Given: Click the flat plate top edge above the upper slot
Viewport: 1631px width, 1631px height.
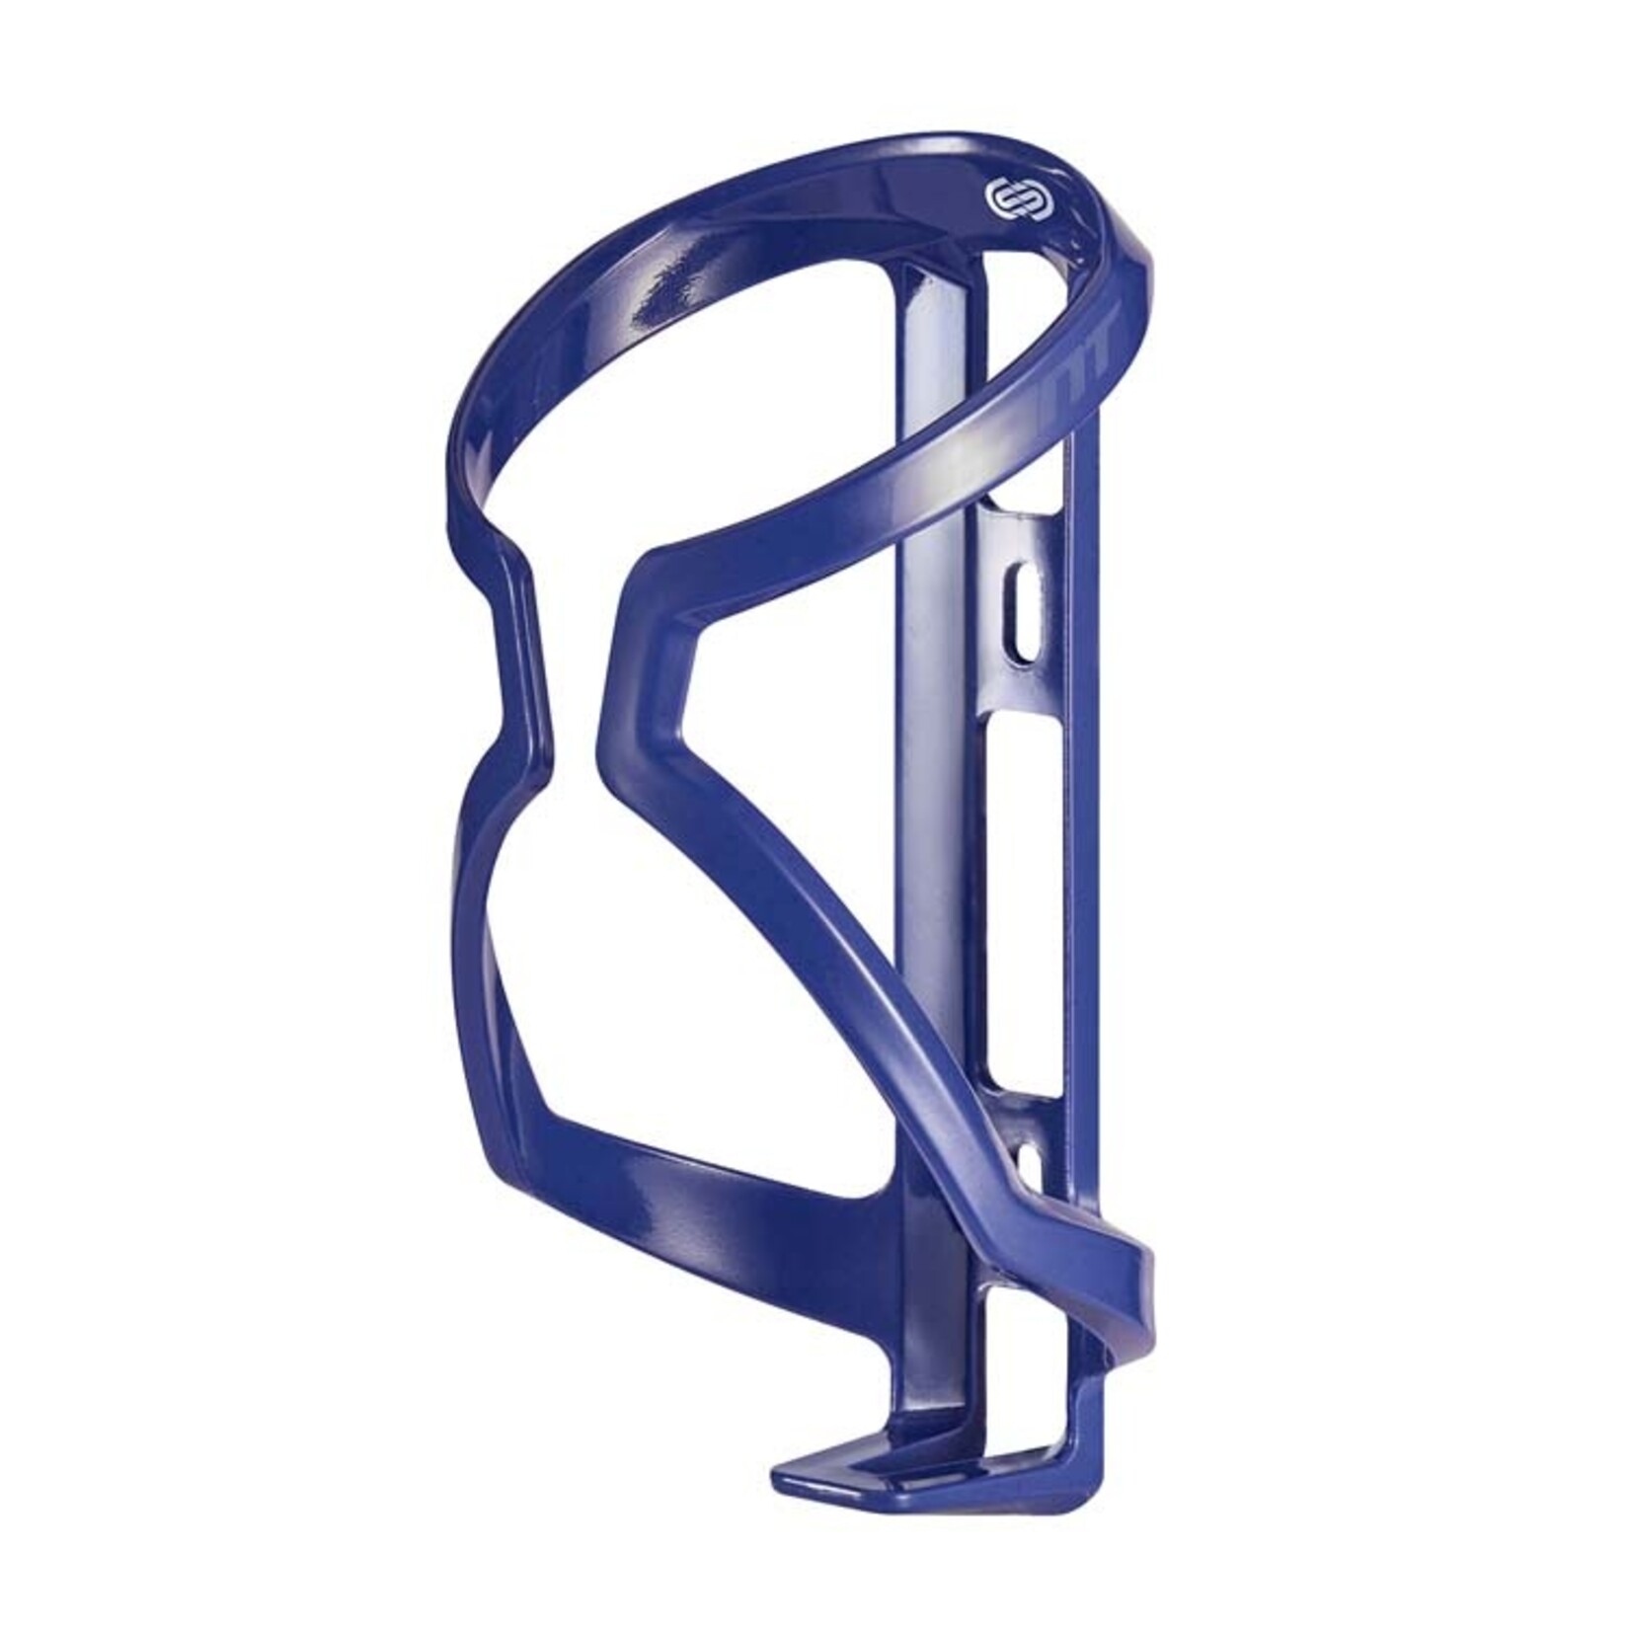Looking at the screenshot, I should [x=1027, y=513].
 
